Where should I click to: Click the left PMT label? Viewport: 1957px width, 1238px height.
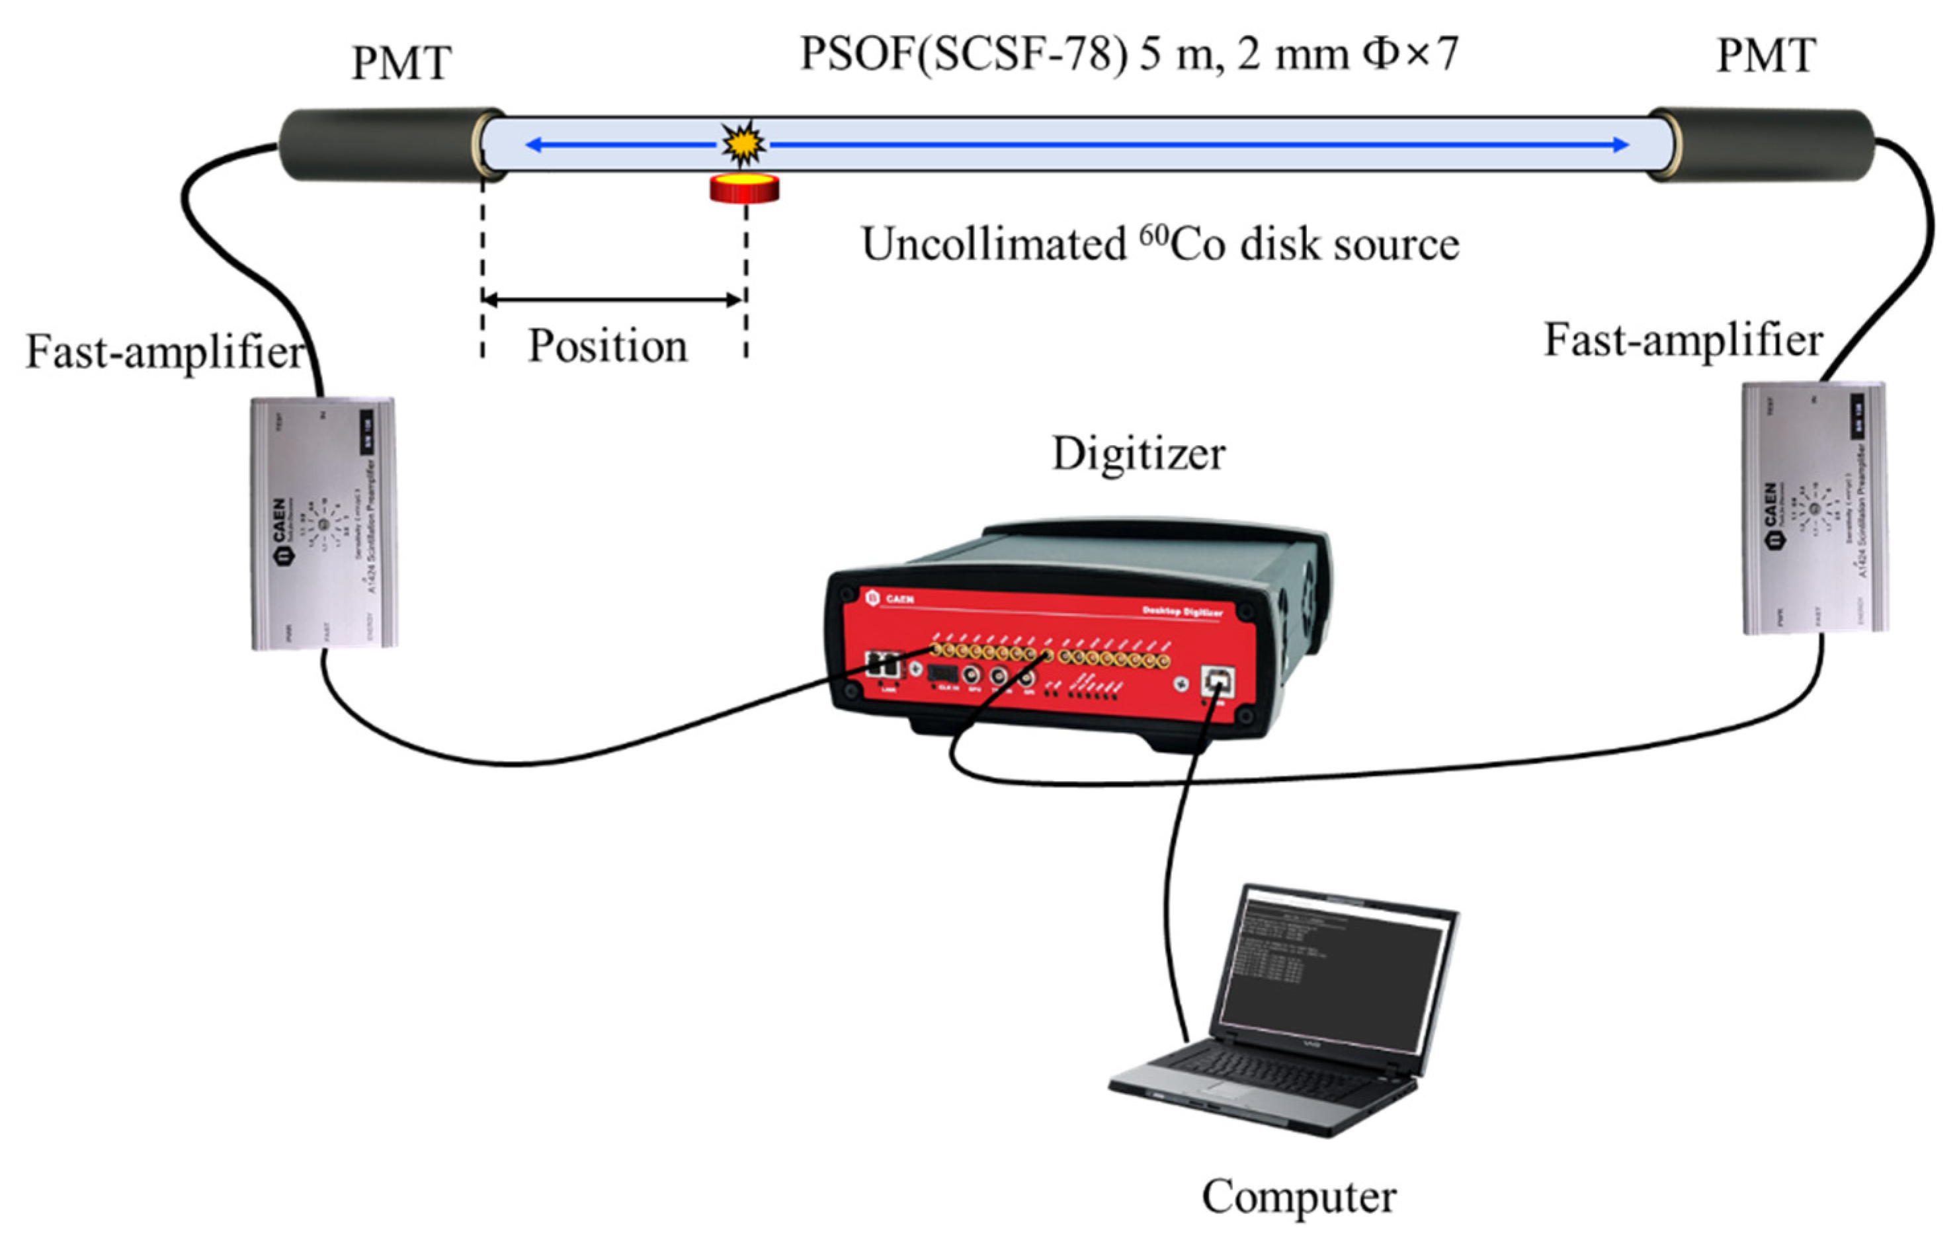click(x=401, y=63)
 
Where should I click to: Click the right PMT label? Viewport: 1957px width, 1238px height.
click(x=1765, y=56)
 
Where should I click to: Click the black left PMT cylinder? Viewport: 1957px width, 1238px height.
click(x=382, y=144)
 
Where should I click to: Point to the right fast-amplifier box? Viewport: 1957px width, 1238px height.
click(x=1814, y=508)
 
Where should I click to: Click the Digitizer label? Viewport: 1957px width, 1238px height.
click(x=1138, y=454)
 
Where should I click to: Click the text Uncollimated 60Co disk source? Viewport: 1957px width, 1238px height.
click(x=1160, y=244)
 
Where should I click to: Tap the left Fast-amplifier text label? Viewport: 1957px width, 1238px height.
click(x=165, y=352)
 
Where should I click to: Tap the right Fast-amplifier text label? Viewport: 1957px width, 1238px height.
click(x=1683, y=340)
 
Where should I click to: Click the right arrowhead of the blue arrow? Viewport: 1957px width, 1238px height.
click(x=1620, y=145)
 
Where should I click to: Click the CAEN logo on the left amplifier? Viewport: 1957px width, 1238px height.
click(x=281, y=532)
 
